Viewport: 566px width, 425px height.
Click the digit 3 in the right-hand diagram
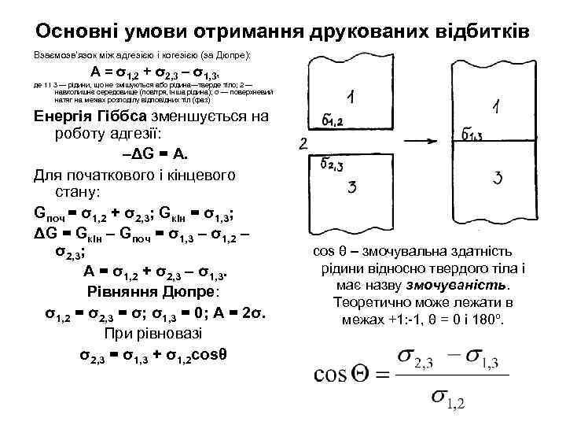pos(497,179)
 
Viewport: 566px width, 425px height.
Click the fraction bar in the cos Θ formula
pos(449,376)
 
